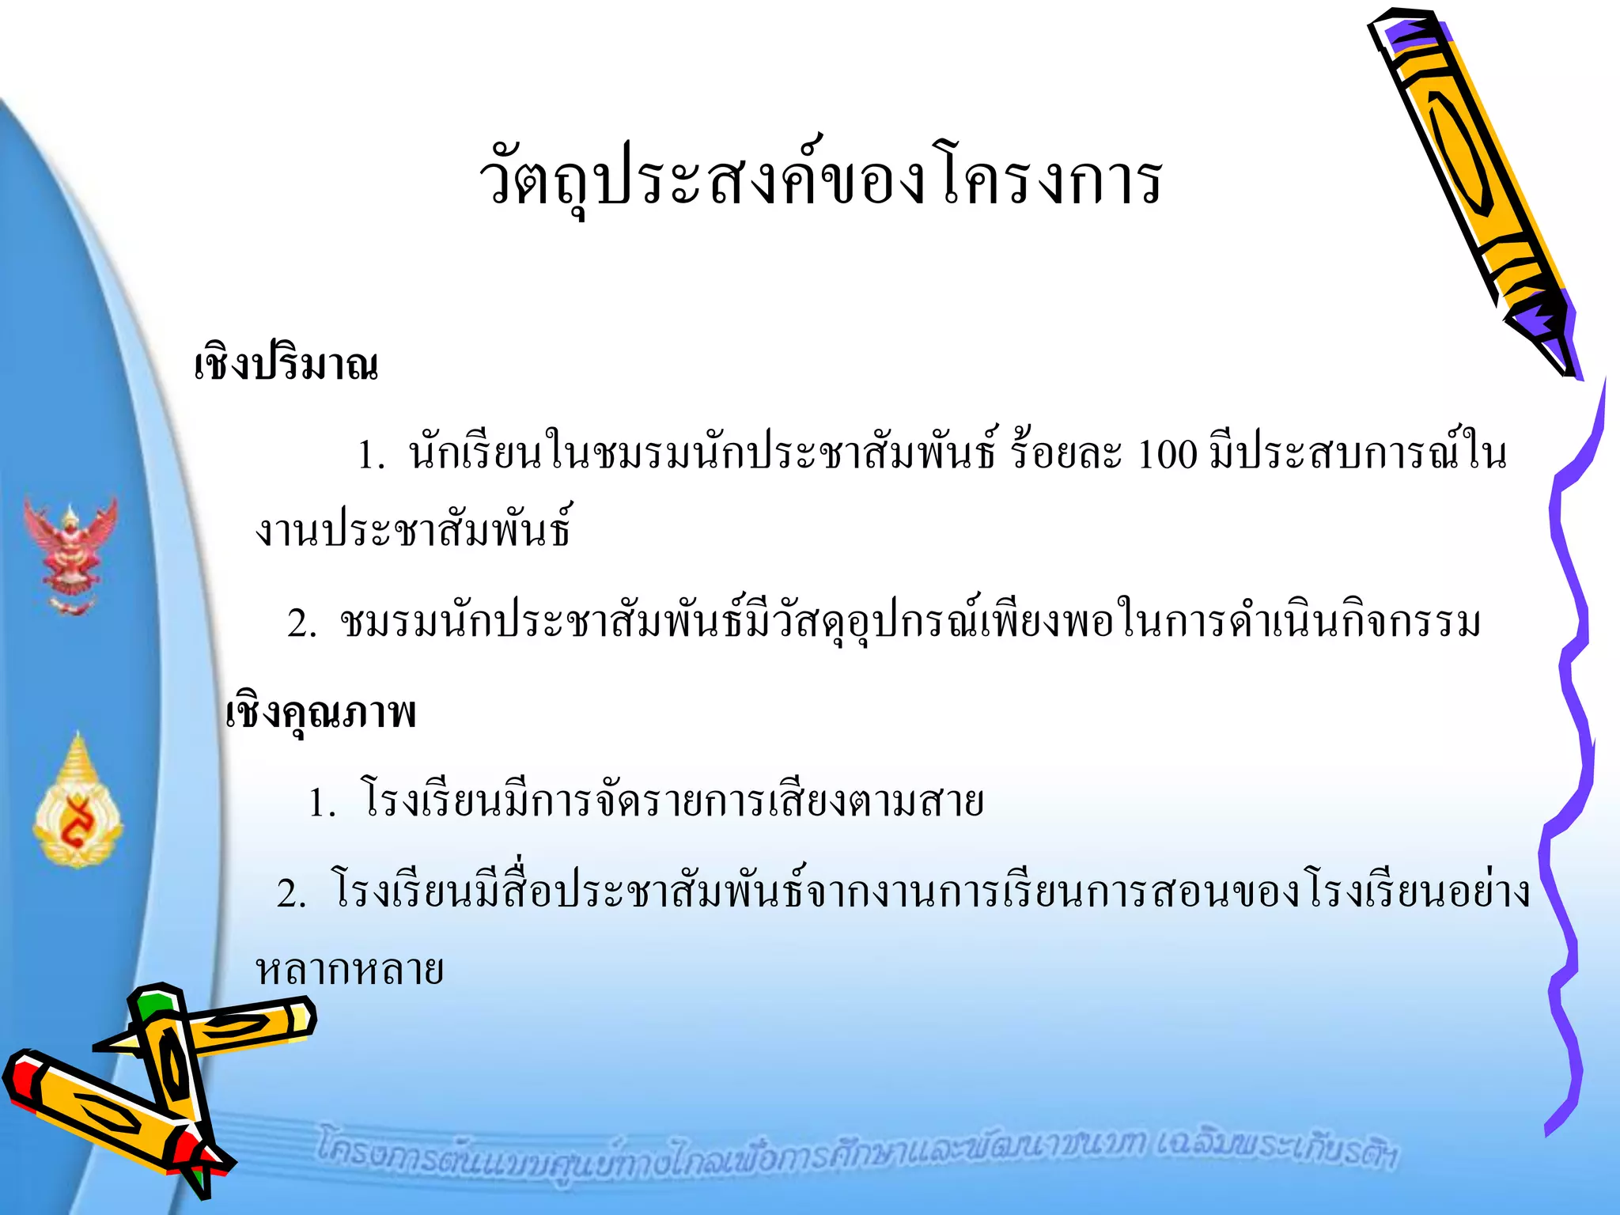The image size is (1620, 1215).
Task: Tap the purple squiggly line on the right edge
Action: click(1570, 751)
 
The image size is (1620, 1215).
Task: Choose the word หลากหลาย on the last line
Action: click(350, 971)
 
